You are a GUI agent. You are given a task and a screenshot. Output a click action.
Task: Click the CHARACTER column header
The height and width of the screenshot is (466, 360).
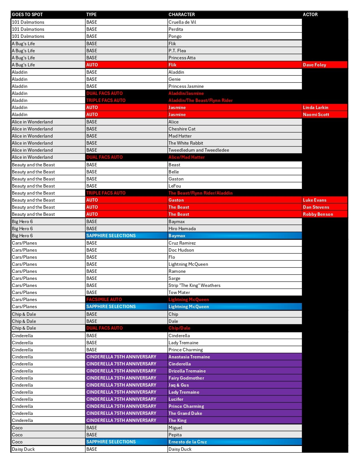[x=182, y=14]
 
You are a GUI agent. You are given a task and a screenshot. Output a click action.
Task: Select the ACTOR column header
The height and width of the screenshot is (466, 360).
[x=310, y=14]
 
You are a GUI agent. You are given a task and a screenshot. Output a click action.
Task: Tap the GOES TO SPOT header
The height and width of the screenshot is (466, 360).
[x=27, y=14]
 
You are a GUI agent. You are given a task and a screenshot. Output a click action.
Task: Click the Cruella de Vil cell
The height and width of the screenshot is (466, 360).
[x=182, y=22]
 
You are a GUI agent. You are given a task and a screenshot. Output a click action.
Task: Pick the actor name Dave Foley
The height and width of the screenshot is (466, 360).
[x=314, y=65]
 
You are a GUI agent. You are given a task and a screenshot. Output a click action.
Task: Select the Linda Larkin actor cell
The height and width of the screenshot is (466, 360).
[x=315, y=107]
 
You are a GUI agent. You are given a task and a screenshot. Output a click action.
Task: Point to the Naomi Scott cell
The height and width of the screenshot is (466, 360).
[x=316, y=114]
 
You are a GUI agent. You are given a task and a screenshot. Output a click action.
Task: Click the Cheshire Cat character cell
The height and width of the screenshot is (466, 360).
[x=182, y=129]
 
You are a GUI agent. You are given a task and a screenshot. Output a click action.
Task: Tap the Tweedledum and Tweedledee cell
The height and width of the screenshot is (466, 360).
[x=199, y=150]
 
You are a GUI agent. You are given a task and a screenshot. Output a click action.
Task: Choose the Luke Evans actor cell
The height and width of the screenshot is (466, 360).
[x=315, y=200]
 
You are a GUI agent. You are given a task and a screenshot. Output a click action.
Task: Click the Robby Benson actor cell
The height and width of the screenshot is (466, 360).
[x=318, y=214]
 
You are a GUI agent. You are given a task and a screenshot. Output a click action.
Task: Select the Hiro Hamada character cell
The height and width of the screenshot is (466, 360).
[x=182, y=228]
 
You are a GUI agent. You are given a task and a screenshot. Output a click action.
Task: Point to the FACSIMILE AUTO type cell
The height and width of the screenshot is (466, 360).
[x=104, y=299]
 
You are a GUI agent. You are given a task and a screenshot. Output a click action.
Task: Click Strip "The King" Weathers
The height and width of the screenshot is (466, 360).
[x=194, y=285]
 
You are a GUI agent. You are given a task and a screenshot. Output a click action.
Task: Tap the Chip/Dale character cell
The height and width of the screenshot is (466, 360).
[x=179, y=328]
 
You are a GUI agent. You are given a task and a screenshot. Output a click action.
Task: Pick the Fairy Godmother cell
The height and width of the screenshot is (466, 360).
[x=186, y=378]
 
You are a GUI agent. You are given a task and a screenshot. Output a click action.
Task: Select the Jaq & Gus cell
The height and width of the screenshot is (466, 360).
[x=178, y=385]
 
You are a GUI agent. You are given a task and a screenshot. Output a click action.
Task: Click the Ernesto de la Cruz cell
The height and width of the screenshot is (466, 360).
[x=187, y=442]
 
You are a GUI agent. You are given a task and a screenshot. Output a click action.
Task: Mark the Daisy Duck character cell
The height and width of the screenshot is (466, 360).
[x=180, y=449]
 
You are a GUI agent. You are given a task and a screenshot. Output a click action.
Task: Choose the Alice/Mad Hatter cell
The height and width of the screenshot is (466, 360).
[x=186, y=157]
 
